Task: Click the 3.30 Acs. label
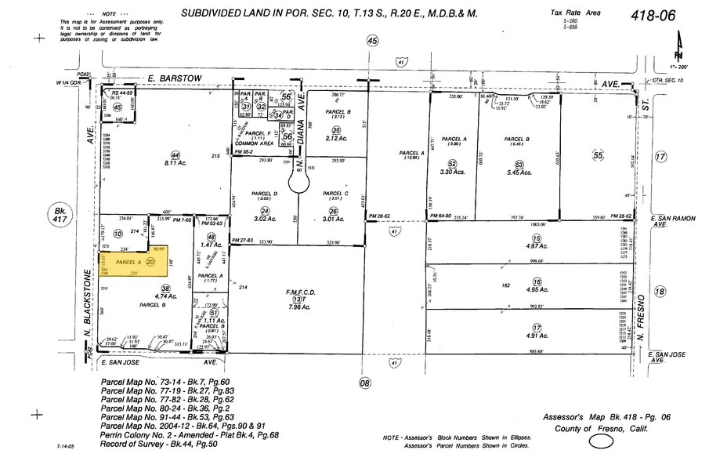click(x=453, y=172)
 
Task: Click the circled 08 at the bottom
click(x=364, y=383)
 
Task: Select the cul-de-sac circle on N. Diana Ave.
click(x=299, y=183)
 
